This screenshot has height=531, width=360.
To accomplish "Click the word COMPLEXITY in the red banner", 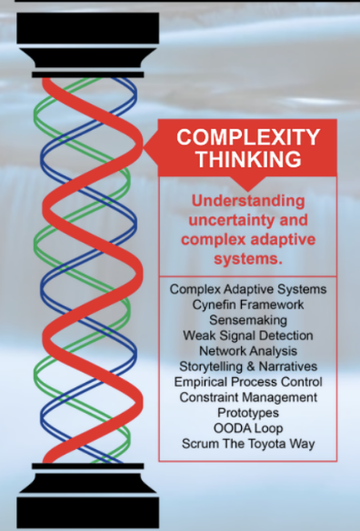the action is [x=248, y=137].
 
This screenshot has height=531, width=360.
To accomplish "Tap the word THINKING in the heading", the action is [x=249, y=159].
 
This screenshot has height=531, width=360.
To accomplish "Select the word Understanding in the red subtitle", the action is [x=248, y=202].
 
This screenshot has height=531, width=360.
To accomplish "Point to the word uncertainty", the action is [x=231, y=220].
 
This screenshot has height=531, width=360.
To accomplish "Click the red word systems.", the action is [x=248, y=259].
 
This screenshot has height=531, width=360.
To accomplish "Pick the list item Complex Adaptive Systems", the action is [x=248, y=289].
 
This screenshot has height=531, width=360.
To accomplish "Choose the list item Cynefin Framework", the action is [x=248, y=305].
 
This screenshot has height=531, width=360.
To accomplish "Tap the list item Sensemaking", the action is [x=248, y=320].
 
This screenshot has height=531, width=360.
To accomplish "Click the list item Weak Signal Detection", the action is [x=248, y=336].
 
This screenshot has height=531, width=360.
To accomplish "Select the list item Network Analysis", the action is [x=248, y=351].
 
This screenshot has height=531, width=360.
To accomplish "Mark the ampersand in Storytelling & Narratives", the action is [x=250, y=366].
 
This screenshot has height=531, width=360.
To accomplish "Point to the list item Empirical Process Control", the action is [x=248, y=382].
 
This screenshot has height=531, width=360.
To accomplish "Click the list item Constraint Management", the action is [x=248, y=397].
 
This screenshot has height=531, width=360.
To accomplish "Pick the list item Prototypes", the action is [x=248, y=413].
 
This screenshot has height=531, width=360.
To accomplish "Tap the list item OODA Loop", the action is [x=248, y=428].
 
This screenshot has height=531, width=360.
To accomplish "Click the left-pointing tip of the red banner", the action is [x=144, y=147].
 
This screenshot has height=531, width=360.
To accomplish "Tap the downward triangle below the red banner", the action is [x=248, y=184].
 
